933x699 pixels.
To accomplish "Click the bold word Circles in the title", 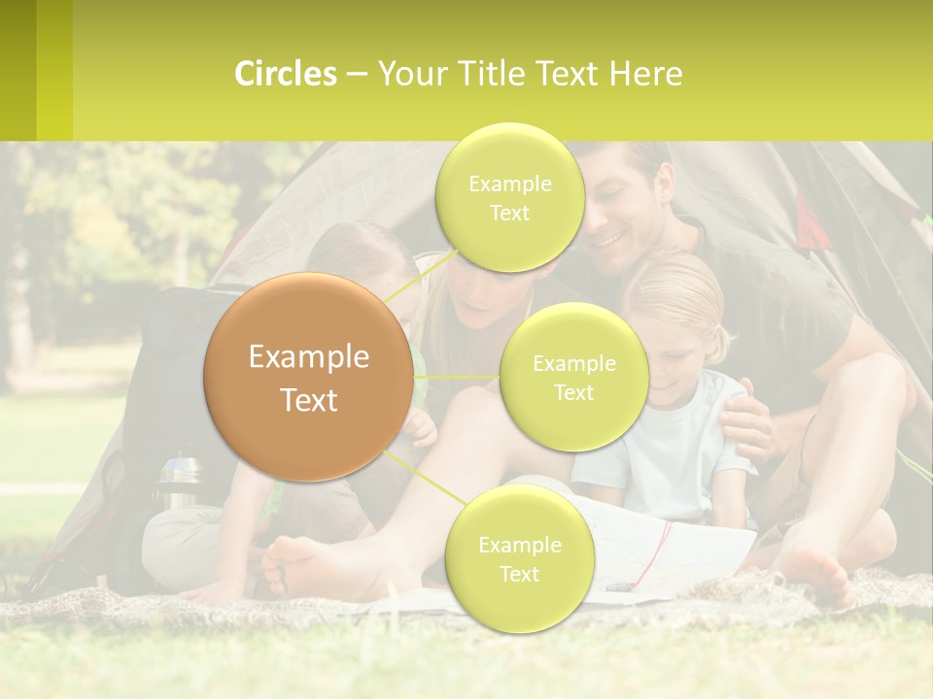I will [x=285, y=74].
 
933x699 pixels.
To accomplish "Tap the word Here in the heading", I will [x=646, y=74].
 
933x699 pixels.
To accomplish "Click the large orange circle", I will [x=309, y=377].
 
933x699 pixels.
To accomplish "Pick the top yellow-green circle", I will [x=509, y=197].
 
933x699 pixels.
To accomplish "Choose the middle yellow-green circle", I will [x=573, y=377].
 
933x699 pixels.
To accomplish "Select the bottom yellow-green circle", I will [x=519, y=558].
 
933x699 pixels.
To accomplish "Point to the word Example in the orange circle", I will [x=309, y=357].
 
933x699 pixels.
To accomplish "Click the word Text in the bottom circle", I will [x=519, y=574].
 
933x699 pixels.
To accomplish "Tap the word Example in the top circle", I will [x=509, y=183].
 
